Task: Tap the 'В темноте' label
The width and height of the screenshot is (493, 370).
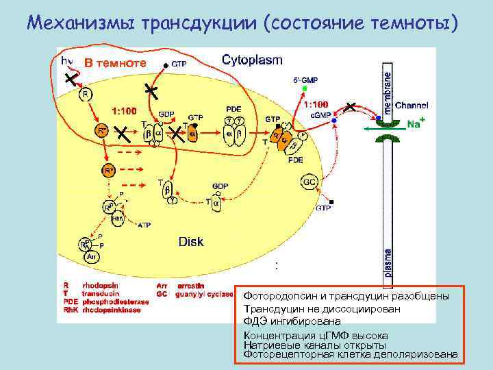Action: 115,62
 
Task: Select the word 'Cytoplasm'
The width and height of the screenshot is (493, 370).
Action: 252,60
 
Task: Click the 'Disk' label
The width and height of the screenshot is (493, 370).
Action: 191,241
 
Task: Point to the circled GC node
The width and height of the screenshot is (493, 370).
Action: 309,182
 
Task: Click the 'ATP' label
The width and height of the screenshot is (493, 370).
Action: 144,224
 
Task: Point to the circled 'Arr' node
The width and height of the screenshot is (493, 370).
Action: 91,256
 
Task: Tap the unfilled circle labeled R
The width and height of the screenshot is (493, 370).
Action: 86,94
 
